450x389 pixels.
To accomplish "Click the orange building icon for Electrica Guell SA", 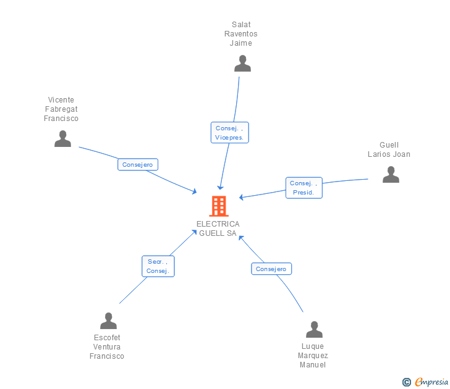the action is tap(219, 206).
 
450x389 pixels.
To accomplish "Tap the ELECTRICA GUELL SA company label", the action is tap(218, 228).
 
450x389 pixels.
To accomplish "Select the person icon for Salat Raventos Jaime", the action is tap(242, 64).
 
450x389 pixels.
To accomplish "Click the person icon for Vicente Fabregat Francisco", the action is tap(62, 139).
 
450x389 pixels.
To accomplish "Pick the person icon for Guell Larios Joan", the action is tap(391, 174).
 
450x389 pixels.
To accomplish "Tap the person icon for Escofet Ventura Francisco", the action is tap(109, 320).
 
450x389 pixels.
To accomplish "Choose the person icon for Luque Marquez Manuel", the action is tap(314, 329).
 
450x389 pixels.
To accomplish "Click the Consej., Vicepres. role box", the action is tap(229, 132).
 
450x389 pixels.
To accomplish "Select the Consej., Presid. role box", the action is tap(304, 188).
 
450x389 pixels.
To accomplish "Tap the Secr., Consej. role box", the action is tap(158, 266).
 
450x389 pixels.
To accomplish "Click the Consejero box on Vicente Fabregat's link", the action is tap(138, 164).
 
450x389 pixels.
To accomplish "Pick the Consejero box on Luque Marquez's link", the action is tap(271, 269).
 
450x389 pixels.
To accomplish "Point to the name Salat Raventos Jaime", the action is tap(241, 34).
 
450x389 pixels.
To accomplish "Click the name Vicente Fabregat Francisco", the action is tap(61, 109).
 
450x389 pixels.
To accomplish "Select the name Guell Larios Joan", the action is tap(389, 149).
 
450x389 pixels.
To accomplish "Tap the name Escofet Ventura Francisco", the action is tap(107, 347).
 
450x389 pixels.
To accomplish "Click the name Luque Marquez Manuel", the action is tap(313, 356).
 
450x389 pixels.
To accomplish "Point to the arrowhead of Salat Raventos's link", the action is tap(220, 188).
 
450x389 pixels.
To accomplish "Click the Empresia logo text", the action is tap(431, 382).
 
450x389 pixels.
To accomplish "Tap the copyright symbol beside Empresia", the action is tap(406, 382).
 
